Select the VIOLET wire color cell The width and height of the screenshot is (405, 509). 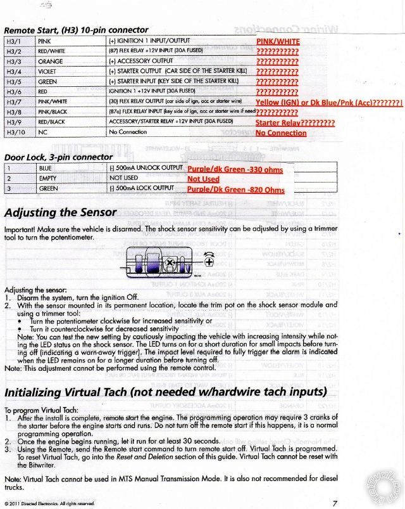(x=49, y=71)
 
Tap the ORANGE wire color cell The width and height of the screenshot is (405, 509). (x=50, y=61)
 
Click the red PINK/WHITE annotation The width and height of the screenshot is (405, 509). (x=278, y=41)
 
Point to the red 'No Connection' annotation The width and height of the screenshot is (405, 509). (x=281, y=133)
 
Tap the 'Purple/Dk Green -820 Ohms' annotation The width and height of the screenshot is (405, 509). (x=235, y=190)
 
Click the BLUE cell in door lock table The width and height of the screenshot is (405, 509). (x=45, y=169)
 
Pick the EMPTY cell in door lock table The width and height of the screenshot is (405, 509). (x=48, y=179)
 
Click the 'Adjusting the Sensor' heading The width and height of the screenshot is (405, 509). (x=60, y=212)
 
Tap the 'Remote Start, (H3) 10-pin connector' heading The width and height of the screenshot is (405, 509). (x=76, y=30)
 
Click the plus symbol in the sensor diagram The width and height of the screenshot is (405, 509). (x=208, y=261)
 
